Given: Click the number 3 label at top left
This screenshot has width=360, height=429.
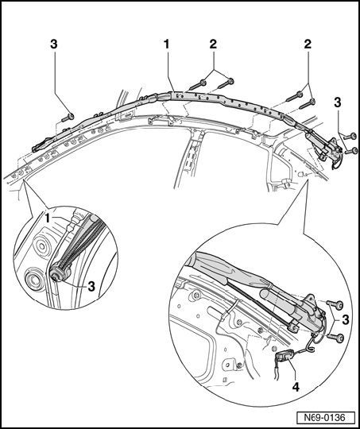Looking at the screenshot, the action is pyautogui.click(x=54, y=44).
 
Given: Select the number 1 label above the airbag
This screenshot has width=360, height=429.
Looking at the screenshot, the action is pyautogui.click(x=166, y=44).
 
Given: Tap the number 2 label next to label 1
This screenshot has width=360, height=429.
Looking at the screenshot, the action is pyautogui.click(x=213, y=44).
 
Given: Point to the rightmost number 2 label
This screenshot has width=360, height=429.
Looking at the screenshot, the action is pyautogui.click(x=308, y=44).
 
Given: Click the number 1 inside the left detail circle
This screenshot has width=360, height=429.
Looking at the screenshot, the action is pyautogui.click(x=48, y=218).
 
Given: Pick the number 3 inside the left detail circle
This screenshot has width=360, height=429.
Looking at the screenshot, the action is pyautogui.click(x=91, y=287).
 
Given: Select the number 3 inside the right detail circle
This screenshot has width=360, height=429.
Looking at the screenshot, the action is pyautogui.click(x=346, y=319).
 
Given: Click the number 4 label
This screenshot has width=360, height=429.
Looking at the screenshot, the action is pyautogui.click(x=296, y=387).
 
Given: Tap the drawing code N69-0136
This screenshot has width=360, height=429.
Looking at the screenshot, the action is pyautogui.click(x=325, y=418).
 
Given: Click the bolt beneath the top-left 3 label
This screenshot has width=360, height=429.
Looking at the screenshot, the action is pyautogui.click(x=68, y=118).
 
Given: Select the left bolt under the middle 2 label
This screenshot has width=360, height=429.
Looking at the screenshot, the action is pyautogui.click(x=198, y=84).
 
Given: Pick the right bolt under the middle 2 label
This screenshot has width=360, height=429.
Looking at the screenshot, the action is pyautogui.click(x=226, y=83).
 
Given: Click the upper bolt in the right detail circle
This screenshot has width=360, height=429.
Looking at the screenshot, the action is pyautogui.click(x=335, y=304).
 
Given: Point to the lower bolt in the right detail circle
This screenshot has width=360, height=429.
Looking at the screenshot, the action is pyautogui.click(x=335, y=338).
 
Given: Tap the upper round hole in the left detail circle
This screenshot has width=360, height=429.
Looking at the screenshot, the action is pyautogui.click(x=41, y=245).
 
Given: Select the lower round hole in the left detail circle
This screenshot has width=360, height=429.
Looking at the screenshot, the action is pyautogui.click(x=33, y=279).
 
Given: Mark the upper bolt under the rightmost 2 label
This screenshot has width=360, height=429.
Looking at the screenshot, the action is pyautogui.click(x=294, y=97).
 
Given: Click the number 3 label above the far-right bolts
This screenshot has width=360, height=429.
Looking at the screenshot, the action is pyautogui.click(x=338, y=102).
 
